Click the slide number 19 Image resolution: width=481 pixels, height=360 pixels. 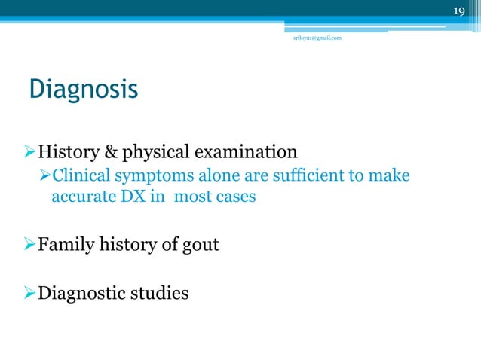459,9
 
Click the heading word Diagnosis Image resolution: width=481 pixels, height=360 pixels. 83,90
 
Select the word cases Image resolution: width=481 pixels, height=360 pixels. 234,198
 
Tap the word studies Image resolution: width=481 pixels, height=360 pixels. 159,291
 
